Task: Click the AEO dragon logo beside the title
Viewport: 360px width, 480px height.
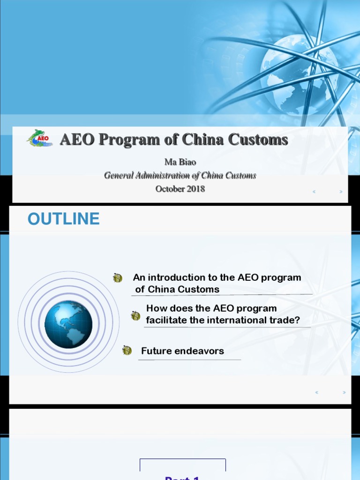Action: coord(39,138)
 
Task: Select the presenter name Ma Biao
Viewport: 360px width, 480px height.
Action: coord(180,162)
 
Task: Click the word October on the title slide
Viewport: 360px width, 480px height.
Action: coord(169,189)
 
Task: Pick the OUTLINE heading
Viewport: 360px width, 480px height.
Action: coord(63,219)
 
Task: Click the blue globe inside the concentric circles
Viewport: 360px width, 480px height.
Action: coord(68,324)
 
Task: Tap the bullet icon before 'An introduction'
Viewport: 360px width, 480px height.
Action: coord(118,278)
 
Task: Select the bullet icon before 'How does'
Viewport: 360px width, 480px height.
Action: coord(135,315)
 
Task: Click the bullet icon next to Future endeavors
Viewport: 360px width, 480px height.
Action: coord(127,350)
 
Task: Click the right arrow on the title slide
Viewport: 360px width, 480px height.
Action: coord(341,192)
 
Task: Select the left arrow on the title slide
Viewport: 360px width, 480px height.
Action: coord(314,192)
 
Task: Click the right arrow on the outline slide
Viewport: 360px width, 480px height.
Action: coord(344,392)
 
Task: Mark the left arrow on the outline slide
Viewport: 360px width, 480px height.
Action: coord(317,392)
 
